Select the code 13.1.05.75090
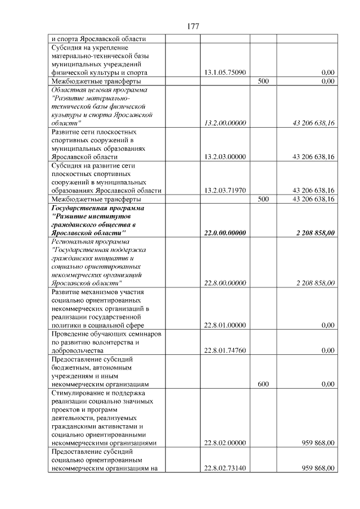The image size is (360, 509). tap(225, 73)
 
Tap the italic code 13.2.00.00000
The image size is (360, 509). tap(225, 123)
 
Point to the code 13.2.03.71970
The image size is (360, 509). tap(225, 190)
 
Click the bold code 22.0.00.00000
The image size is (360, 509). tap(225, 232)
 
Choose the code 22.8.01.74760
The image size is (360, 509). tap(225, 350)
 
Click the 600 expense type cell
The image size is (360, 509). tap(263, 384)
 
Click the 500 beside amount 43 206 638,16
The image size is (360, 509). tap(263, 199)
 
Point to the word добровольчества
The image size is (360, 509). tap(79, 350)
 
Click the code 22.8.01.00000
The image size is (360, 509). tap(225, 325)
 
